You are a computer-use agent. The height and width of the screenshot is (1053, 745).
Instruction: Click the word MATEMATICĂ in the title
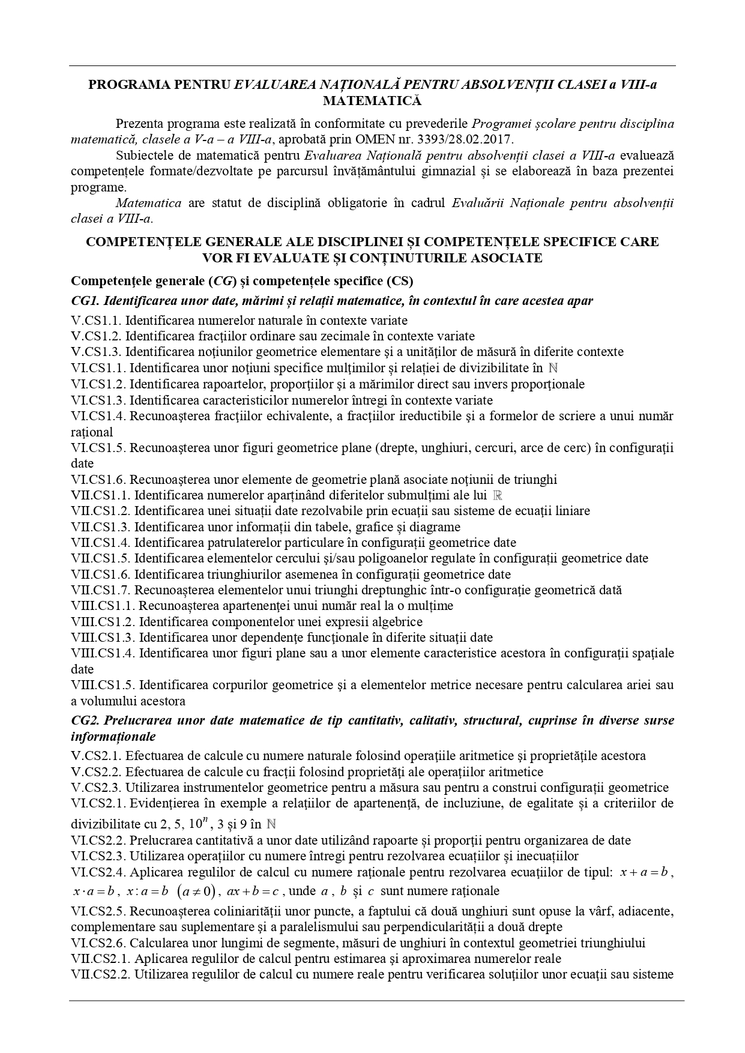[x=372, y=100]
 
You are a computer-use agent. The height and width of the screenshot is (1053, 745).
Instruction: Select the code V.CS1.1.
[x=95, y=321]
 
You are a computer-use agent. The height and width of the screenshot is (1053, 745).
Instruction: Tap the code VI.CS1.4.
[x=98, y=416]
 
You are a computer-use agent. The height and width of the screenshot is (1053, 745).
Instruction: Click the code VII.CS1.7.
[x=100, y=590]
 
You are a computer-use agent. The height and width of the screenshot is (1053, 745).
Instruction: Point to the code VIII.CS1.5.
[x=103, y=685]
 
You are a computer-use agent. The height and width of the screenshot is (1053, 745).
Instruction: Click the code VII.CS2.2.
[x=100, y=975]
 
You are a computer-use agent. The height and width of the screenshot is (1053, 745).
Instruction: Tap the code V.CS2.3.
[x=95, y=788]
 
